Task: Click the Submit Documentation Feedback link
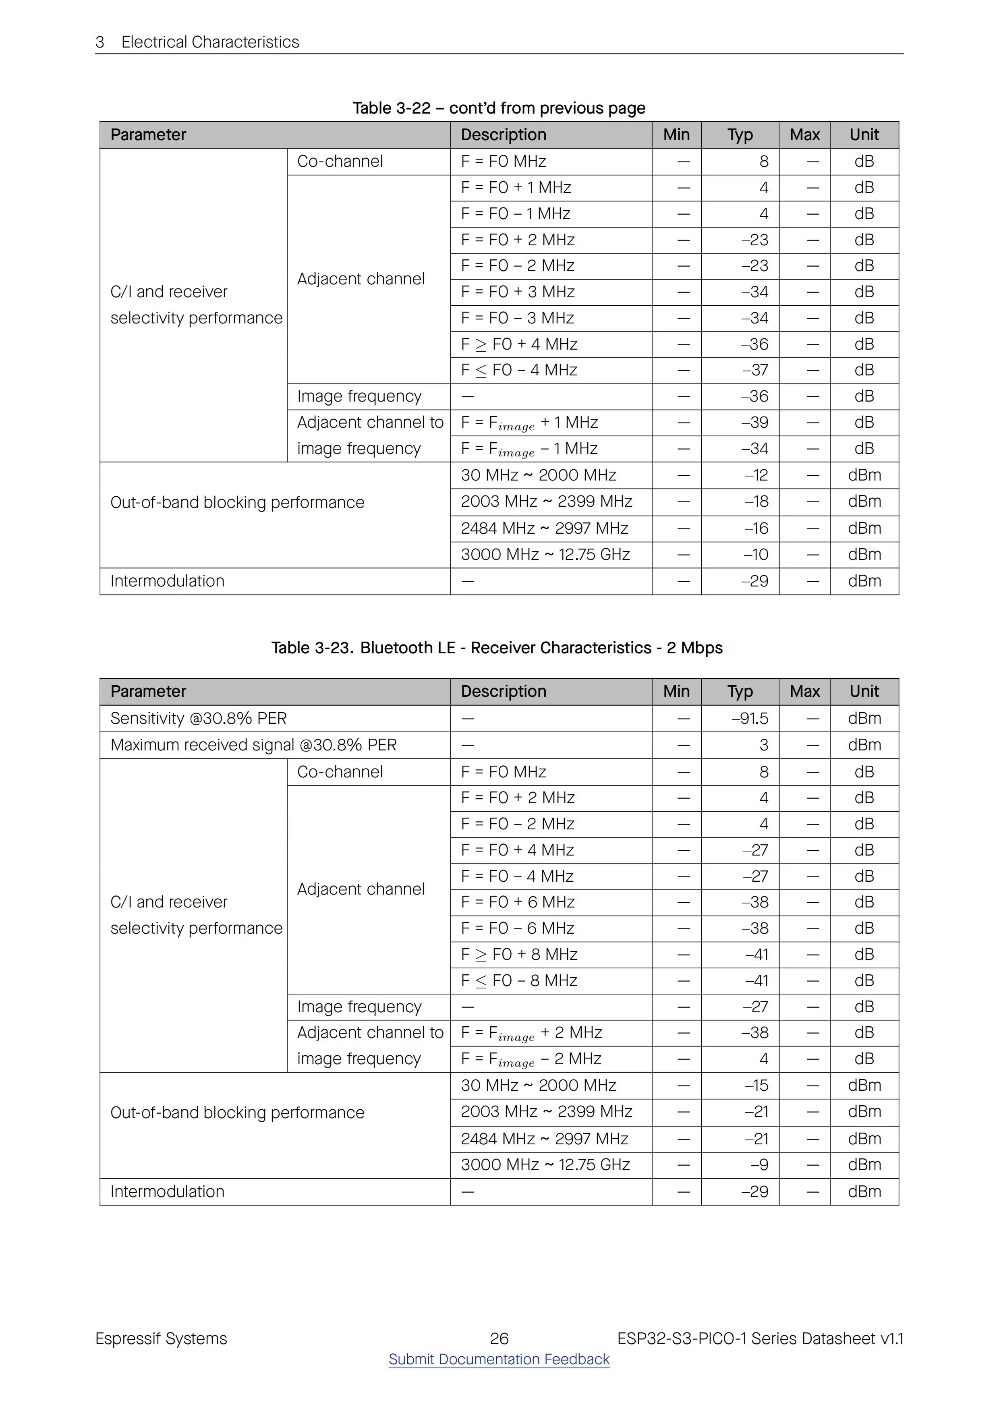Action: coord(499,1359)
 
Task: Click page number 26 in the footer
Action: coord(499,1338)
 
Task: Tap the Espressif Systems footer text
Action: coord(161,1338)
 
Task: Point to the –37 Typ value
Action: coord(755,370)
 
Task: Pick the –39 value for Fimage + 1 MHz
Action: coord(755,422)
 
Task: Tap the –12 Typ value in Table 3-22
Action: coord(757,475)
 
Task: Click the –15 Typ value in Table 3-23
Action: coord(757,1085)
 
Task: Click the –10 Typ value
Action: coord(757,555)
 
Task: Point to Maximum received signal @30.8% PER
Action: coord(254,745)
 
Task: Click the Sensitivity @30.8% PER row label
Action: coord(198,718)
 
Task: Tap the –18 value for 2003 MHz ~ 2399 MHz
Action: coord(757,501)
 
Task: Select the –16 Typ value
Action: coord(757,528)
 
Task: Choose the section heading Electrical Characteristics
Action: coord(210,42)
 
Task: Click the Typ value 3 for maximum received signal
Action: coord(764,745)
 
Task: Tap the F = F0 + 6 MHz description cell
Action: coord(518,902)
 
